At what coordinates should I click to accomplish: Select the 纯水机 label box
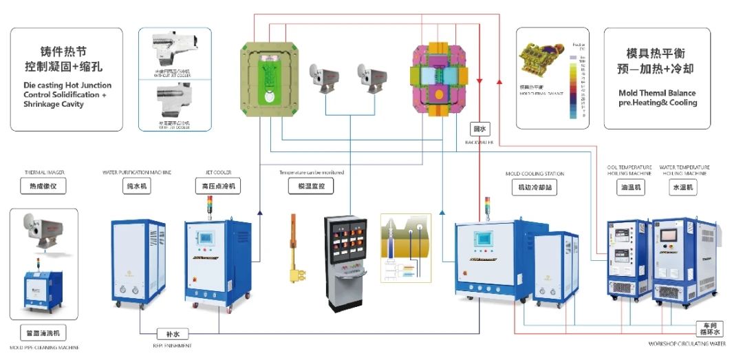(x=136, y=187)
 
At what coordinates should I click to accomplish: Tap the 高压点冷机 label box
(x=217, y=187)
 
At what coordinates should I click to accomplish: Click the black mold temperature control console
(x=346, y=262)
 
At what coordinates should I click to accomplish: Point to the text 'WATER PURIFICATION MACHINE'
(x=136, y=172)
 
